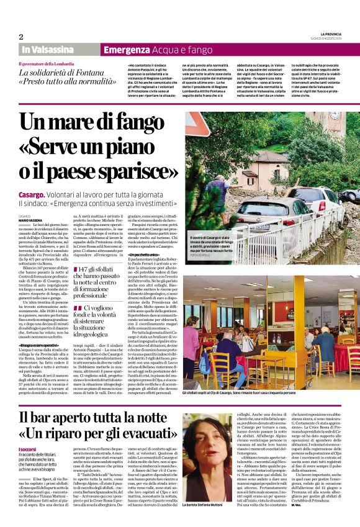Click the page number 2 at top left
21,37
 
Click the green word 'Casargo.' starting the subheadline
32,194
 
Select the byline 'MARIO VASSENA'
30,221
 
